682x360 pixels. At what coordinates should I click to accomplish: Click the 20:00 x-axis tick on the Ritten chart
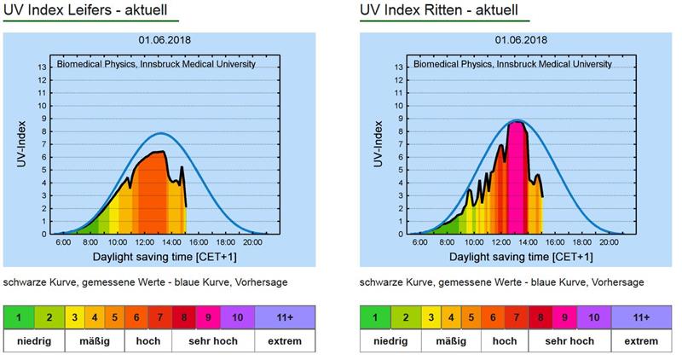612,243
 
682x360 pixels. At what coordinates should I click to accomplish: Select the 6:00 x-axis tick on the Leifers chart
62,243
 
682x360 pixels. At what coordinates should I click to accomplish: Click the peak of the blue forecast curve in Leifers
159,133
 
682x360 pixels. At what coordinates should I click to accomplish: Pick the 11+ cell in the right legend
642,317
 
